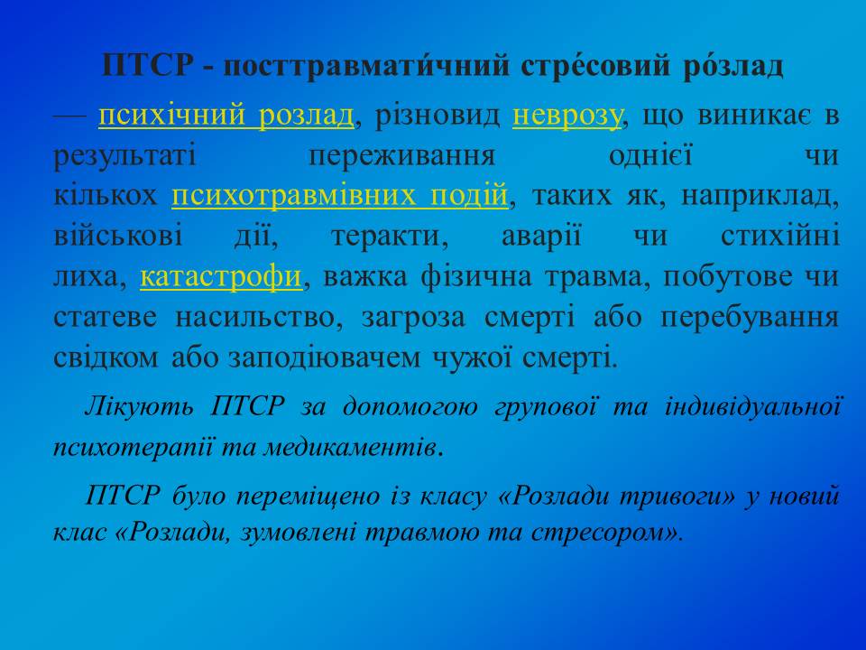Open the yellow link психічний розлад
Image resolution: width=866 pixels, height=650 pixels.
(226, 116)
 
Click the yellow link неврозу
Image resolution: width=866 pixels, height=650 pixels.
(567, 116)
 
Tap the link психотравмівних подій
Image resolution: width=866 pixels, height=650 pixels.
(340, 196)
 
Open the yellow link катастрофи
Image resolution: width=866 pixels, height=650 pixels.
(221, 277)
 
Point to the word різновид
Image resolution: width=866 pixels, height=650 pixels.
(437, 116)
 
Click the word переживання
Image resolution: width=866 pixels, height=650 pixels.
(402, 156)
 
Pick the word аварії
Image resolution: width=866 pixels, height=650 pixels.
(541, 236)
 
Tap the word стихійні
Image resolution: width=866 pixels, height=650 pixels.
(779, 236)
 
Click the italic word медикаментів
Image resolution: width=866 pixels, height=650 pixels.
(350, 447)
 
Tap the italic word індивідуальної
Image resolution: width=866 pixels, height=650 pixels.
(752, 407)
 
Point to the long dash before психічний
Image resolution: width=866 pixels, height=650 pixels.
(69, 116)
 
